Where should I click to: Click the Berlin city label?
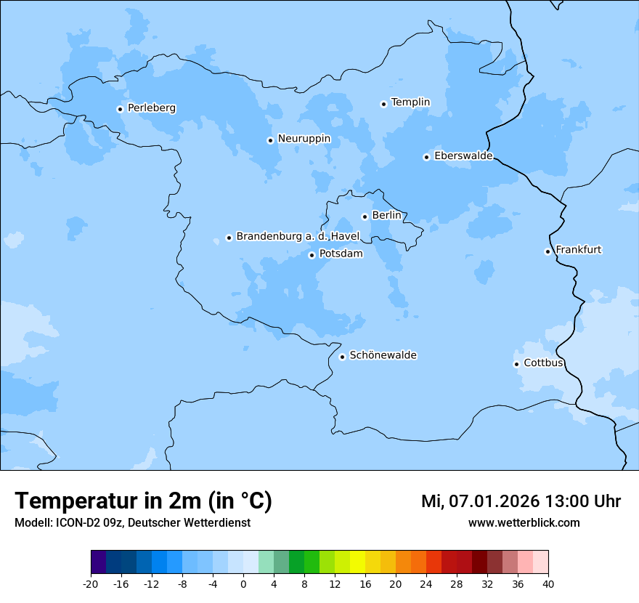pos(386,216)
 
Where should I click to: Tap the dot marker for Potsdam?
pos(312,255)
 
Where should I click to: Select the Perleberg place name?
pos(151,108)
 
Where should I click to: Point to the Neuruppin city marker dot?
pos(270,140)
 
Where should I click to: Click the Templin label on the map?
pos(410,102)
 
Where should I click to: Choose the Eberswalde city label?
pos(463,156)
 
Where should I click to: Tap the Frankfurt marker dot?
pos(548,251)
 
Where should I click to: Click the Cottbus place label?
pos(543,363)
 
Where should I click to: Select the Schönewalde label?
pos(383,355)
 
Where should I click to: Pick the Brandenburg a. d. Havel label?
pos(298,237)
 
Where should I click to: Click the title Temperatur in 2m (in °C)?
pos(143,501)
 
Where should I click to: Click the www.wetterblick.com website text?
pos(524,523)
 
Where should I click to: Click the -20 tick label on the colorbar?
pos(91,583)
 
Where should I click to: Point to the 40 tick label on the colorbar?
pos(548,583)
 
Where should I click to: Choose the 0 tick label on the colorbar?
pos(243,583)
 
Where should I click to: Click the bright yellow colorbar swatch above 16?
pos(357,562)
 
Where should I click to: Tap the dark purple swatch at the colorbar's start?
pos(99,562)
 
